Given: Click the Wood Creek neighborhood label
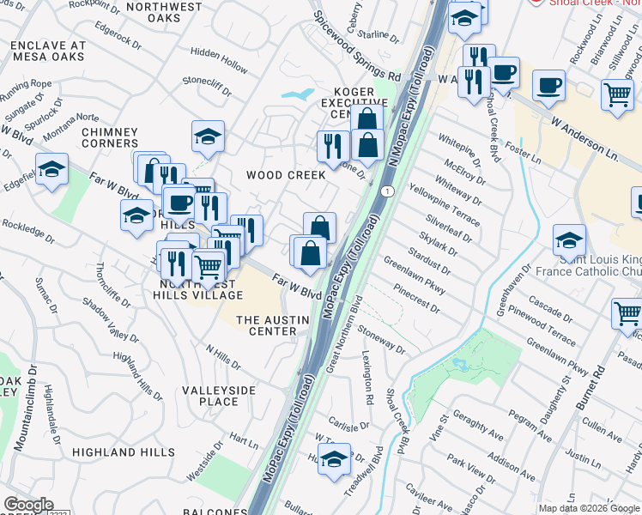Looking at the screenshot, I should pos(286,174).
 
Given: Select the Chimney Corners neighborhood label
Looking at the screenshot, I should pos(110,137).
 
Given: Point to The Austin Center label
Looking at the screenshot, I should pos(266,325).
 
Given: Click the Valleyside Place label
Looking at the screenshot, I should pos(219,396).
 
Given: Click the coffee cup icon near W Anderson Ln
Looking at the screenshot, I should pos(548,86).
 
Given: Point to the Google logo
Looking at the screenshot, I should pos(29,505).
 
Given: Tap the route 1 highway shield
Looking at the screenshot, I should pos(388,191).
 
